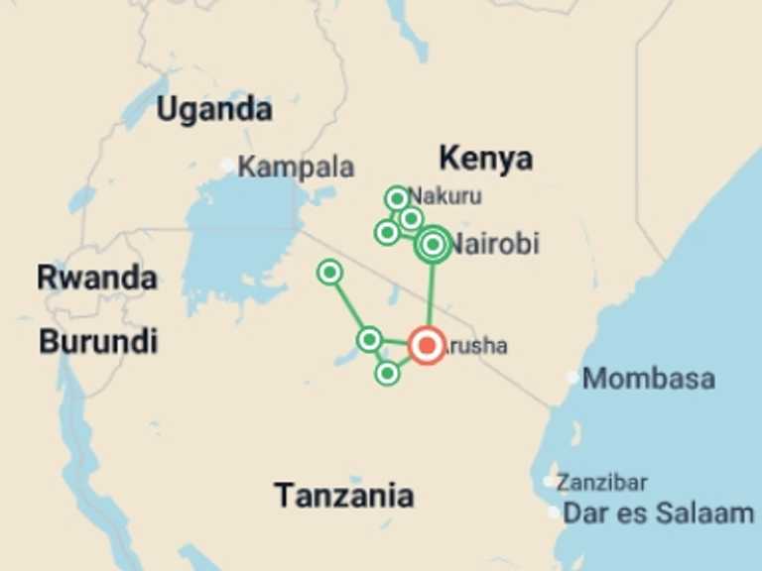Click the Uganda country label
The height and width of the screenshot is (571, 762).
[x=214, y=109]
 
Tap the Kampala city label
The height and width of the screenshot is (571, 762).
[x=296, y=167]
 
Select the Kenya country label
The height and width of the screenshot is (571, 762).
[x=485, y=158]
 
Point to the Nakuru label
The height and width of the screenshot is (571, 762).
[x=445, y=195]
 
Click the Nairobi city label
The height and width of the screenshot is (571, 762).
[x=495, y=244]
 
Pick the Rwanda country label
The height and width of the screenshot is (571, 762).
[x=97, y=278]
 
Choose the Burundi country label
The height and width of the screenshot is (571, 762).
[x=98, y=342]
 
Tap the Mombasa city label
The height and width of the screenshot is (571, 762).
[x=648, y=378]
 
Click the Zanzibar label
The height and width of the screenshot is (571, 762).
[x=601, y=483]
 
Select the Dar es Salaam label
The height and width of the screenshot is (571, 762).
[x=658, y=513]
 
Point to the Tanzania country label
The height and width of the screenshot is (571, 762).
[x=343, y=495]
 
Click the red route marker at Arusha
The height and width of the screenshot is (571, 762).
[x=427, y=345]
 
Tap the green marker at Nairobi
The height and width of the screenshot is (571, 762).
[x=433, y=244]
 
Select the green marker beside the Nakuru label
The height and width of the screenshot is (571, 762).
[x=397, y=198]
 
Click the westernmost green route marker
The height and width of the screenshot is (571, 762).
[x=329, y=272]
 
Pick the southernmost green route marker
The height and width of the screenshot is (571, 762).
[x=387, y=373]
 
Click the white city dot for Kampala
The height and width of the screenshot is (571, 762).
[x=228, y=165]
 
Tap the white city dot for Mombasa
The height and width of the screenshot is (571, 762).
[x=572, y=377]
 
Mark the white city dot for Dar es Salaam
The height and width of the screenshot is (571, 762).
[x=554, y=513]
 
